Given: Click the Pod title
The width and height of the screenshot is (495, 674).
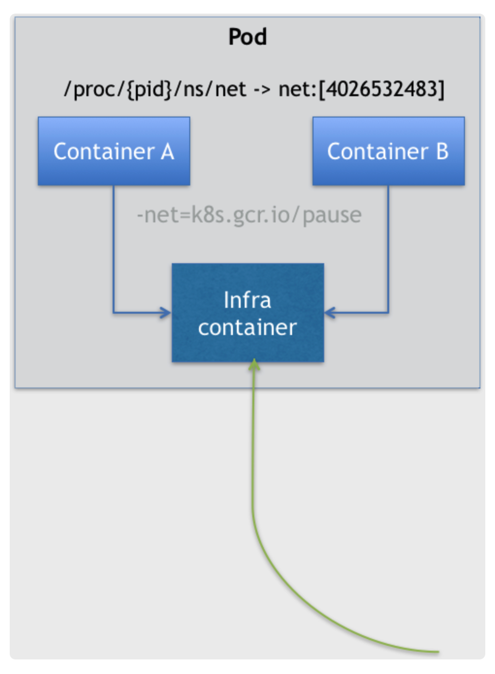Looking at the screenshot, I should click(247, 37).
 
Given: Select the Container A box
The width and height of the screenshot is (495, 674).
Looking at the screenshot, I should click(114, 151).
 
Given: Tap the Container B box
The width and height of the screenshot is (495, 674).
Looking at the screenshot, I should click(388, 151).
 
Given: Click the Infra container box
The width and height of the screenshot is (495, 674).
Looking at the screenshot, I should click(247, 313).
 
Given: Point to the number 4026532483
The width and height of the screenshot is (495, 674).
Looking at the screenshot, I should click(381, 89).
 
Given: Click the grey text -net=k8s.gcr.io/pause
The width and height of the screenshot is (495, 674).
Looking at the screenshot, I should click(249, 215).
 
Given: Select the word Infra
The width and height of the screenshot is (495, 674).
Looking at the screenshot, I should click(247, 300).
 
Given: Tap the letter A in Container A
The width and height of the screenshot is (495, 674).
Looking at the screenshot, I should click(167, 152).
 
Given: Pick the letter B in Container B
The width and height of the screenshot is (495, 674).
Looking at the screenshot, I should click(442, 152).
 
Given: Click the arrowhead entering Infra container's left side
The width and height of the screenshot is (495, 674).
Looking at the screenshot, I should click(166, 312).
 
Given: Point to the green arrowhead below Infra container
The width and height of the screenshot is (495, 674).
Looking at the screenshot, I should click(254, 365).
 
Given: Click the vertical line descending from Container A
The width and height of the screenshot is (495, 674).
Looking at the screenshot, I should click(114, 248).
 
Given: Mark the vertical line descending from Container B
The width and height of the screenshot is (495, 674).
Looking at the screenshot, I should click(388, 248).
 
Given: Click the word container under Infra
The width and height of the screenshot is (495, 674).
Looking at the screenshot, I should click(247, 328).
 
